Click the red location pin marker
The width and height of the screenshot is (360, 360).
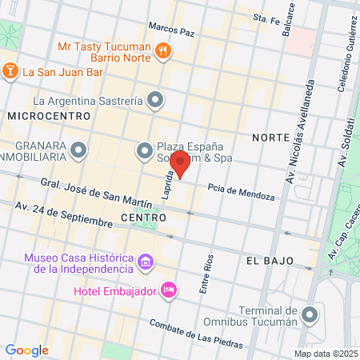(180, 162)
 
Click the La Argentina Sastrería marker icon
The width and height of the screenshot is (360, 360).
(156, 101)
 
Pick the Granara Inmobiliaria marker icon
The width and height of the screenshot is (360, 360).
(78, 149)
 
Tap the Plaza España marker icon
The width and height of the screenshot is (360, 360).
(144, 149)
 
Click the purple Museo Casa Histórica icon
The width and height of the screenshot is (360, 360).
(146, 262)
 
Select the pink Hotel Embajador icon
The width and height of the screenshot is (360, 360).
(168, 290)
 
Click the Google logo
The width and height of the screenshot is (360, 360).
(26, 350)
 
